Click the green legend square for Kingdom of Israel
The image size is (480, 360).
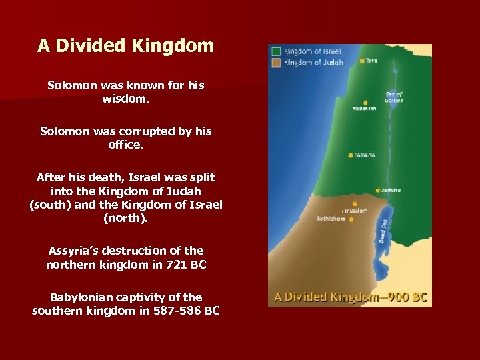point(276,51)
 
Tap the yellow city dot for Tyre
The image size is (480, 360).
point(362,61)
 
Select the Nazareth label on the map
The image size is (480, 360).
point(364,108)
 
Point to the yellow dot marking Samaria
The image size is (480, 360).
point(351,155)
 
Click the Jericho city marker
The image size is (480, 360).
point(378,190)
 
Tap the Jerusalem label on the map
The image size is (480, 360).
point(353,211)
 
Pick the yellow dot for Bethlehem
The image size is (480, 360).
point(347,219)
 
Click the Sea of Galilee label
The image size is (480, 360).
point(394,97)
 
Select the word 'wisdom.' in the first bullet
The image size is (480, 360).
point(126,99)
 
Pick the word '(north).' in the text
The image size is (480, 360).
point(126,217)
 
